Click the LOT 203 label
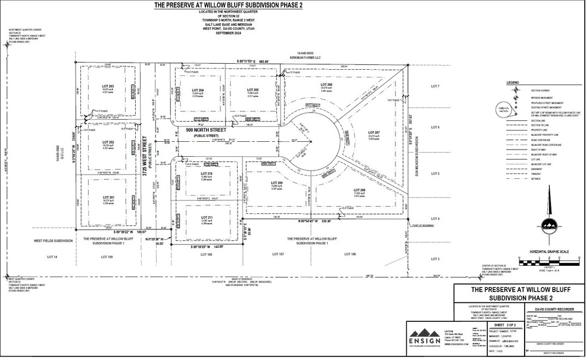click(x=108, y=87)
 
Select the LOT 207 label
click(x=374, y=132)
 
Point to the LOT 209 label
click(x=276, y=183)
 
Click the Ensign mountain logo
click(x=427, y=332)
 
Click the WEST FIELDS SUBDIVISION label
click(x=53, y=240)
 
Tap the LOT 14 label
click(x=52, y=256)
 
